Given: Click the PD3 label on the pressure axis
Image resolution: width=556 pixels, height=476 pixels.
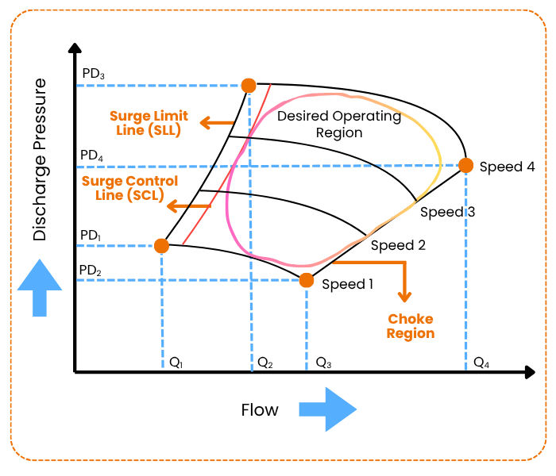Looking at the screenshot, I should click(x=94, y=75).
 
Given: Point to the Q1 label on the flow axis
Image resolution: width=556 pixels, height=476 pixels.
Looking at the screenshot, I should click(x=176, y=363).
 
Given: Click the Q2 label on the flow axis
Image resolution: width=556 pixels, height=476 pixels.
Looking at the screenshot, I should click(x=265, y=363).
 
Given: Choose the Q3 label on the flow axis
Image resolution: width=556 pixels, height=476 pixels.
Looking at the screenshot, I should click(x=323, y=363).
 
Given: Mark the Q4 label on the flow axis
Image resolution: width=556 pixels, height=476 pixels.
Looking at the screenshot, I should click(x=481, y=363).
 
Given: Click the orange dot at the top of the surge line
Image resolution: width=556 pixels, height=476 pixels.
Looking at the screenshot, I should click(x=249, y=85).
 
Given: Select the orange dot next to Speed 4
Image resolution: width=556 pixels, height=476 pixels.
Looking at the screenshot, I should click(x=465, y=166).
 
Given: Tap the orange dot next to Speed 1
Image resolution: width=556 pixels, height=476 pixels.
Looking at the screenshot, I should click(x=306, y=280).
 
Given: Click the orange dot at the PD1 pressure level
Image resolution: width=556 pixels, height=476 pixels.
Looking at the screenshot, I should click(x=161, y=246).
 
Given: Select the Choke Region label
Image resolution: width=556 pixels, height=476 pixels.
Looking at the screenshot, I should click(x=411, y=326).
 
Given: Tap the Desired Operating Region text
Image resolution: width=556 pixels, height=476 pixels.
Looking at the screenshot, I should click(x=339, y=125).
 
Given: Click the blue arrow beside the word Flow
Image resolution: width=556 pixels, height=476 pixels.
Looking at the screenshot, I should click(x=327, y=409).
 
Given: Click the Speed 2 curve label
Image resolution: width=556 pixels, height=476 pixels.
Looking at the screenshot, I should click(x=398, y=245).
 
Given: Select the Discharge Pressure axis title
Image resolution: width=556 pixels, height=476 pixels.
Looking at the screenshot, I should click(x=41, y=159).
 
